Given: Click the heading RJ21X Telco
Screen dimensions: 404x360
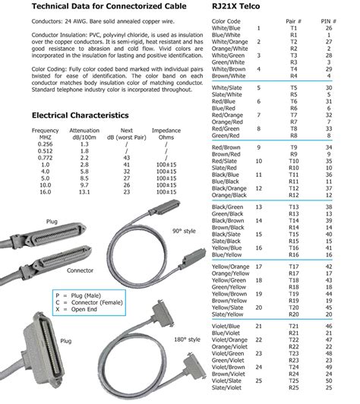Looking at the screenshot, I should point(240,7).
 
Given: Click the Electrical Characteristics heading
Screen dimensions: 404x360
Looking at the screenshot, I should point(80,115).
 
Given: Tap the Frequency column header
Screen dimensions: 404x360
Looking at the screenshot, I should point(45,131).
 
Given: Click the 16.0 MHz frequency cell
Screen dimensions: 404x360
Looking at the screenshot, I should point(45,193).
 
